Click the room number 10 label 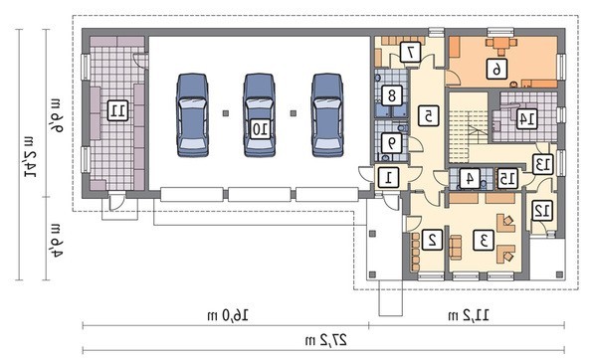pos(260,128)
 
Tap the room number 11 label pos(117,110)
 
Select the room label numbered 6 pos(496,69)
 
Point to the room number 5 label pos(428,116)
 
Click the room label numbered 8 pos(392,95)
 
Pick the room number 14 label pos(526,119)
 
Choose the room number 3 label pos(484,240)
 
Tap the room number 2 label pos(433,240)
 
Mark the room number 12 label pos(542,211)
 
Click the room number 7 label pos(411,53)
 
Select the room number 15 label pos(507,179)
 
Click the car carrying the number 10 pos(260,114)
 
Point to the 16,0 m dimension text pos(228,315)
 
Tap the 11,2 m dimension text pos(469,315)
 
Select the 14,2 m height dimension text pos(31,155)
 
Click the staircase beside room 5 pos(469,127)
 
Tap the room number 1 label pos(388,177)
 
